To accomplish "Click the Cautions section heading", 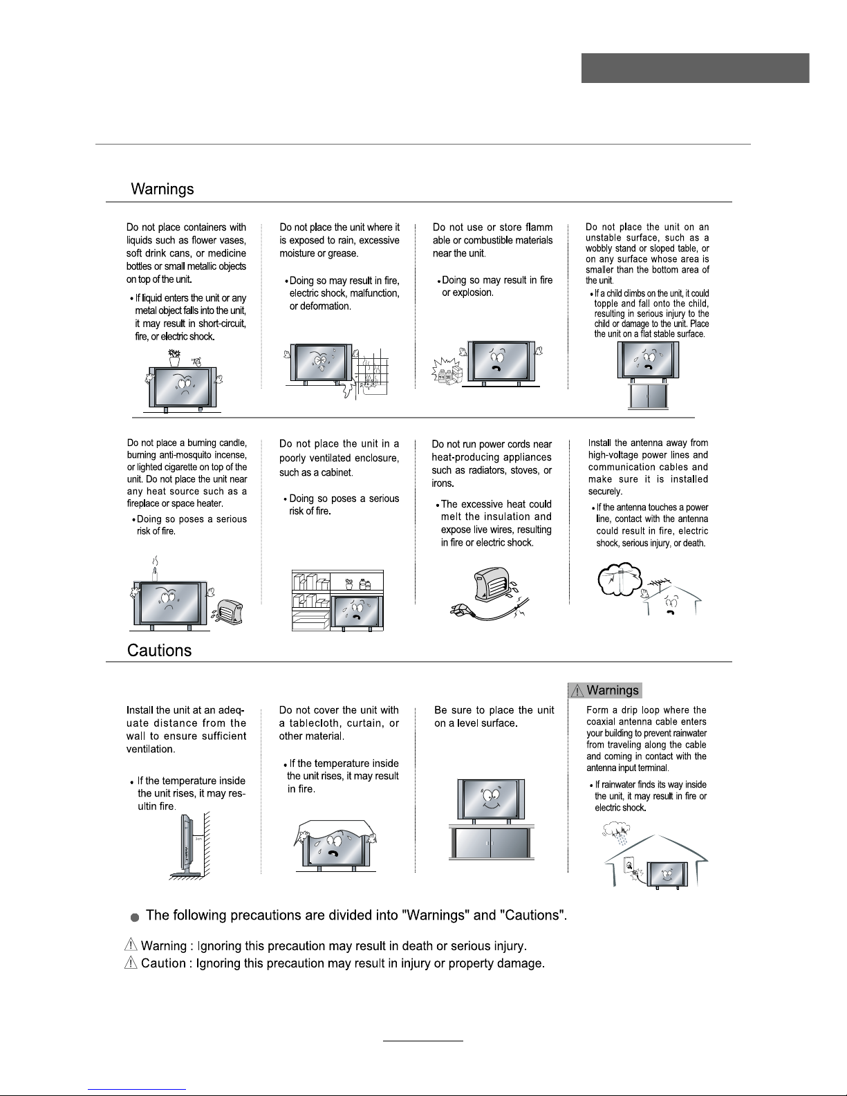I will click(x=159, y=651).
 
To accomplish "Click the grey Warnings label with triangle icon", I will click(x=605, y=690).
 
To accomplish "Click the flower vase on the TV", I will click(x=174, y=359).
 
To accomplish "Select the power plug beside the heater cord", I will click(x=459, y=611).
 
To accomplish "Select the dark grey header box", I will click(x=695, y=68).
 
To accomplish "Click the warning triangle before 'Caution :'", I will click(x=131, y=963).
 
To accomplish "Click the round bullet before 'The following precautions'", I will click(x=135, y=917).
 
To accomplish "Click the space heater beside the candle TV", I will click(x=229, y=611).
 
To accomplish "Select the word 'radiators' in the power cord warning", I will click(x=491, y=470).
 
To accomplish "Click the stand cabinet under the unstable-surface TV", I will click(x=648, y=396).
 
